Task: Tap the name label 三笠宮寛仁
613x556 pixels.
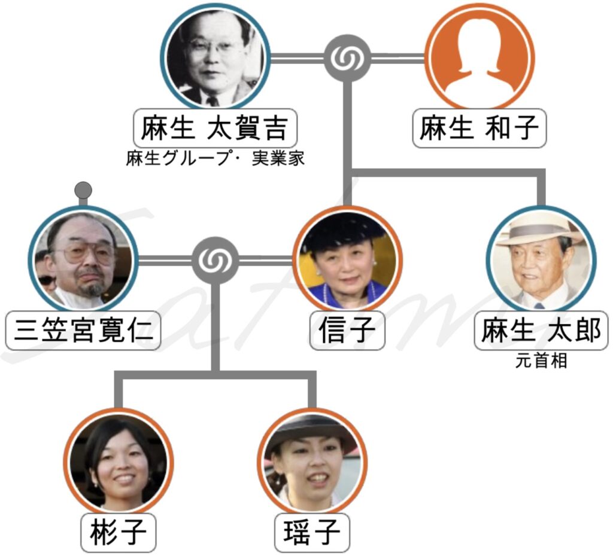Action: pos(83,330)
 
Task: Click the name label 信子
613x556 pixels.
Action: pos(347,330)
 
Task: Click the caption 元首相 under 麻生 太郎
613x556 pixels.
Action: pos(541,362)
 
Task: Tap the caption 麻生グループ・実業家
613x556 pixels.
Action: pos(215,159)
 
